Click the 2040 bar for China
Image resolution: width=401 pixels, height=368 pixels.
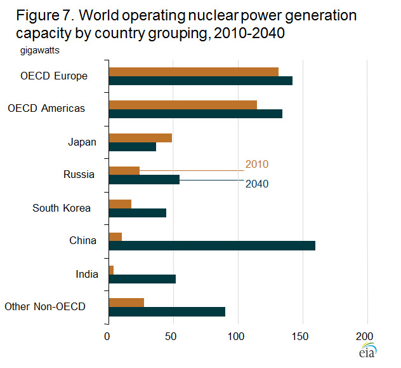(x=212, y=246)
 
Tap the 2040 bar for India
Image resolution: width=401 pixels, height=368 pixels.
(x=142, y=279)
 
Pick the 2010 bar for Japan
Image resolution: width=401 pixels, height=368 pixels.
(x=140, y=138)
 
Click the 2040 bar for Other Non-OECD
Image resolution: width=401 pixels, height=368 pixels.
(x=167, y=311)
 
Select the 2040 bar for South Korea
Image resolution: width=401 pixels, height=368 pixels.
(x=138, y=213)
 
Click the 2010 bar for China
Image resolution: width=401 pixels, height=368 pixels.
(x=115, y=237)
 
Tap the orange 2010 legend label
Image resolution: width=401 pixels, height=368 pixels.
(x=256, y=165)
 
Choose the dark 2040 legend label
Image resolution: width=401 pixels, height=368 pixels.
(x=256, y=184)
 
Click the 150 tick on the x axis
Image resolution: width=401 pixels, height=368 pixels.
(x=301, y=336)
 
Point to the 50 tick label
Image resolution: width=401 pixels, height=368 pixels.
(x=172, y=336)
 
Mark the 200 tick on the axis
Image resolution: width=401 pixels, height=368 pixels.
(x=365, y=336)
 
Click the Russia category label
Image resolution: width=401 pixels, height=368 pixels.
(x=79, y=175)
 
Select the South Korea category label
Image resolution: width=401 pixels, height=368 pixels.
(x=62, y=208)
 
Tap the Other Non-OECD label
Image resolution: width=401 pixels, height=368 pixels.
(x=45, y=307)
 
